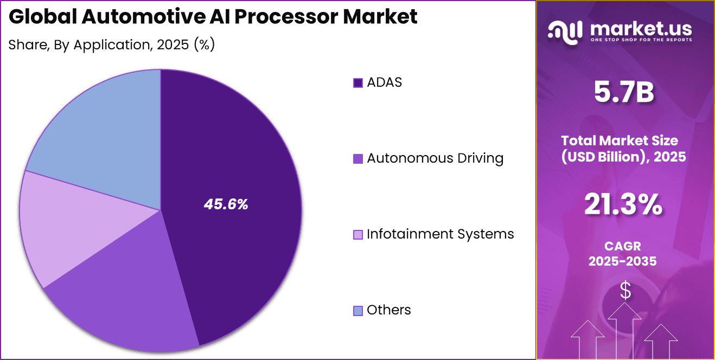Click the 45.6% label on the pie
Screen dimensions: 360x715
(226, 204)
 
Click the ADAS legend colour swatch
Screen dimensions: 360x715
(357, 83)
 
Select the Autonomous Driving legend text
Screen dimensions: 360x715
(435, 158)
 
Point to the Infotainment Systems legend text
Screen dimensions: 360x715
(440, 234)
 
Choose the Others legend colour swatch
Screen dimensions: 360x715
(357, 311)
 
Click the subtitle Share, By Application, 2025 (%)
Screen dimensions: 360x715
(112, 44)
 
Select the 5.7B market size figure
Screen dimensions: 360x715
(623, 93)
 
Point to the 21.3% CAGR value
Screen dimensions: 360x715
(623, 205)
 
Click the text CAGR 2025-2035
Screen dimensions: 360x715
(623, 254)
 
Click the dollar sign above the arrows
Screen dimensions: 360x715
(625, 291)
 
